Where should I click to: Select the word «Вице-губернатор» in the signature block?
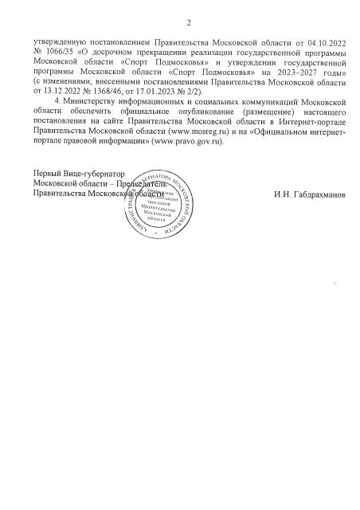(99, 173)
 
